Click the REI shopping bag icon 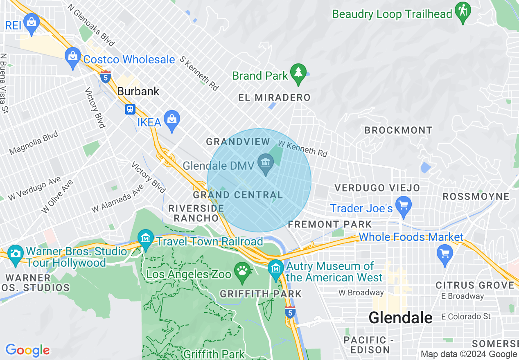pyautogui.click(x=32, y=22)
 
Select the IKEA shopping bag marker pyautogui.click(x=172, y=120)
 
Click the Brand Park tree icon pyautogui.click(x=298, y=73)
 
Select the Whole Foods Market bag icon pyautogui.click(x=445, y=254)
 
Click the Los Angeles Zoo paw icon pyautogui.click(x=242, y=271)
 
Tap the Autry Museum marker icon pyautogui.click(x=275, y=268)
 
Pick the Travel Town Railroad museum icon pyautogui.click(x=145, y=239)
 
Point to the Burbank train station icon pyautogui.click(x=130, y=109)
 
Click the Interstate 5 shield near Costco pyautogui.click(x=106, y=76)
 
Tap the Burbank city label pyautogui.click(x=138, y=91)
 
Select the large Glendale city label pyautogui.click(x=400, y=317)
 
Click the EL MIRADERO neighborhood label pyautogui.click(x=274, y=98)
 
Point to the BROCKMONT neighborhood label pyautogui.click(x=398, y=130)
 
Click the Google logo pyautogui.click(x=27, y=350)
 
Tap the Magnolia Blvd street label pyautogui.click(x=34, y=143)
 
